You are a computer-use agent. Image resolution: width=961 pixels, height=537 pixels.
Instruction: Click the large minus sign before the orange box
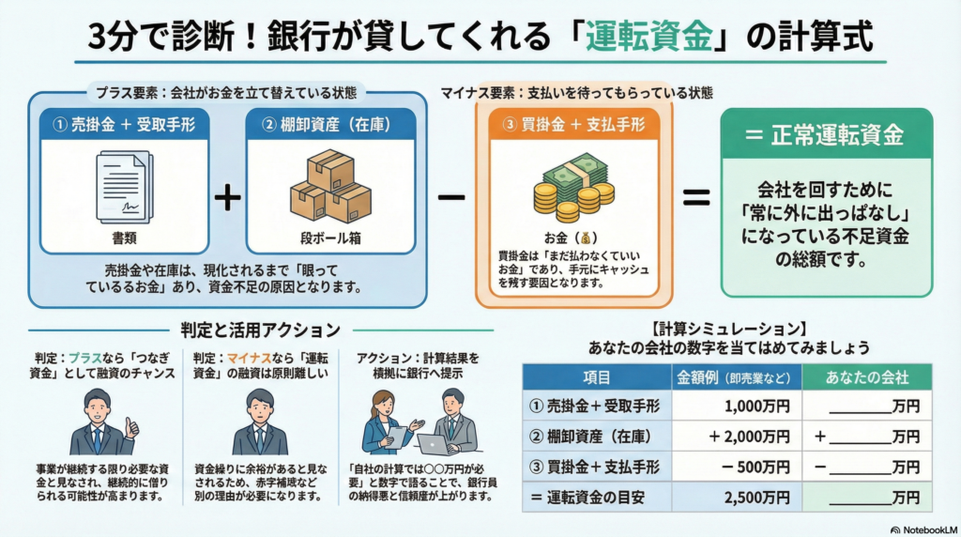tap(451, 198)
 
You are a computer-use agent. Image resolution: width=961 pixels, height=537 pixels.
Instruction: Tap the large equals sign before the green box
tap(694, 198)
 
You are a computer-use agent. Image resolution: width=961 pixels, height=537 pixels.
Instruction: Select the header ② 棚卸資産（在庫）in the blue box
tap(330, 124)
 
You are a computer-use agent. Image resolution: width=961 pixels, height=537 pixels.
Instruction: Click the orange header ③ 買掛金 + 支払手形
tap(573, 124)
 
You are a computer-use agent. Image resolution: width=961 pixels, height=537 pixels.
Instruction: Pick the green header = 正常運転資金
tap(826, 135)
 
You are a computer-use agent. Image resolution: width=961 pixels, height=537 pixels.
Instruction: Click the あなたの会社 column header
tap(868, 377)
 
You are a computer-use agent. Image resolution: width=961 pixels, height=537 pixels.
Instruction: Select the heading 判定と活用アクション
tap(261, 330)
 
